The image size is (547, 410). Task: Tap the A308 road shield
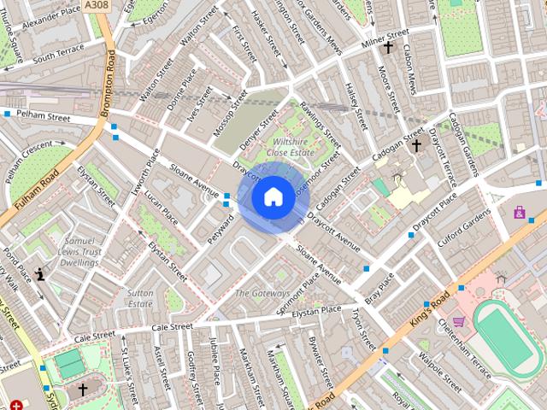[96, 5]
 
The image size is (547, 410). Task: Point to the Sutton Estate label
[140, 298]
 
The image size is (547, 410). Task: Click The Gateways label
[262, 293]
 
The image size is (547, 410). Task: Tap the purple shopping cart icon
[458, 322]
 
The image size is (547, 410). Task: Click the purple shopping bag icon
[519, 212]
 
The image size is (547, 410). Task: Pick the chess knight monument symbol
[41, 274]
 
